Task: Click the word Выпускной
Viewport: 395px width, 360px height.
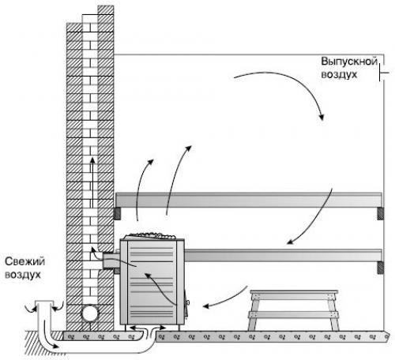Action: pos(349,62)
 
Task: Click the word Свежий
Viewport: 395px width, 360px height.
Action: pos(25,261)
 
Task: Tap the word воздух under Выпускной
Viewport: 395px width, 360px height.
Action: pos(339,74)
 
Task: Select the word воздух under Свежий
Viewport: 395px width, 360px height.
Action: pos(23,275)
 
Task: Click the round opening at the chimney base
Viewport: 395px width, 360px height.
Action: pos(90,313)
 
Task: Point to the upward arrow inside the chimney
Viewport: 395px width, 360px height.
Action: pos(92,182)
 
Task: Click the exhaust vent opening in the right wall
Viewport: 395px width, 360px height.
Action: pos(384,72)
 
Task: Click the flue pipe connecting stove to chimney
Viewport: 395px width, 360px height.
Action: pos(111,261)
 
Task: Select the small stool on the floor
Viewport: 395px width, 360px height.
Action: pos(293,310)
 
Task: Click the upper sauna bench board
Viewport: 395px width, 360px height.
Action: pos(249,200)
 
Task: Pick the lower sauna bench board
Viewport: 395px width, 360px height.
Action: pos(283,255)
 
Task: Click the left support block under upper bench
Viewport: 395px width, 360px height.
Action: pos(117,213)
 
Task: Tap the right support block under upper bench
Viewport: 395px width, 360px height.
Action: pos(380,213)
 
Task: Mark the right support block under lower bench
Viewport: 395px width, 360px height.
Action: pos(380,268)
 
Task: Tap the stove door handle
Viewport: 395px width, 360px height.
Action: pos(188,302)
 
